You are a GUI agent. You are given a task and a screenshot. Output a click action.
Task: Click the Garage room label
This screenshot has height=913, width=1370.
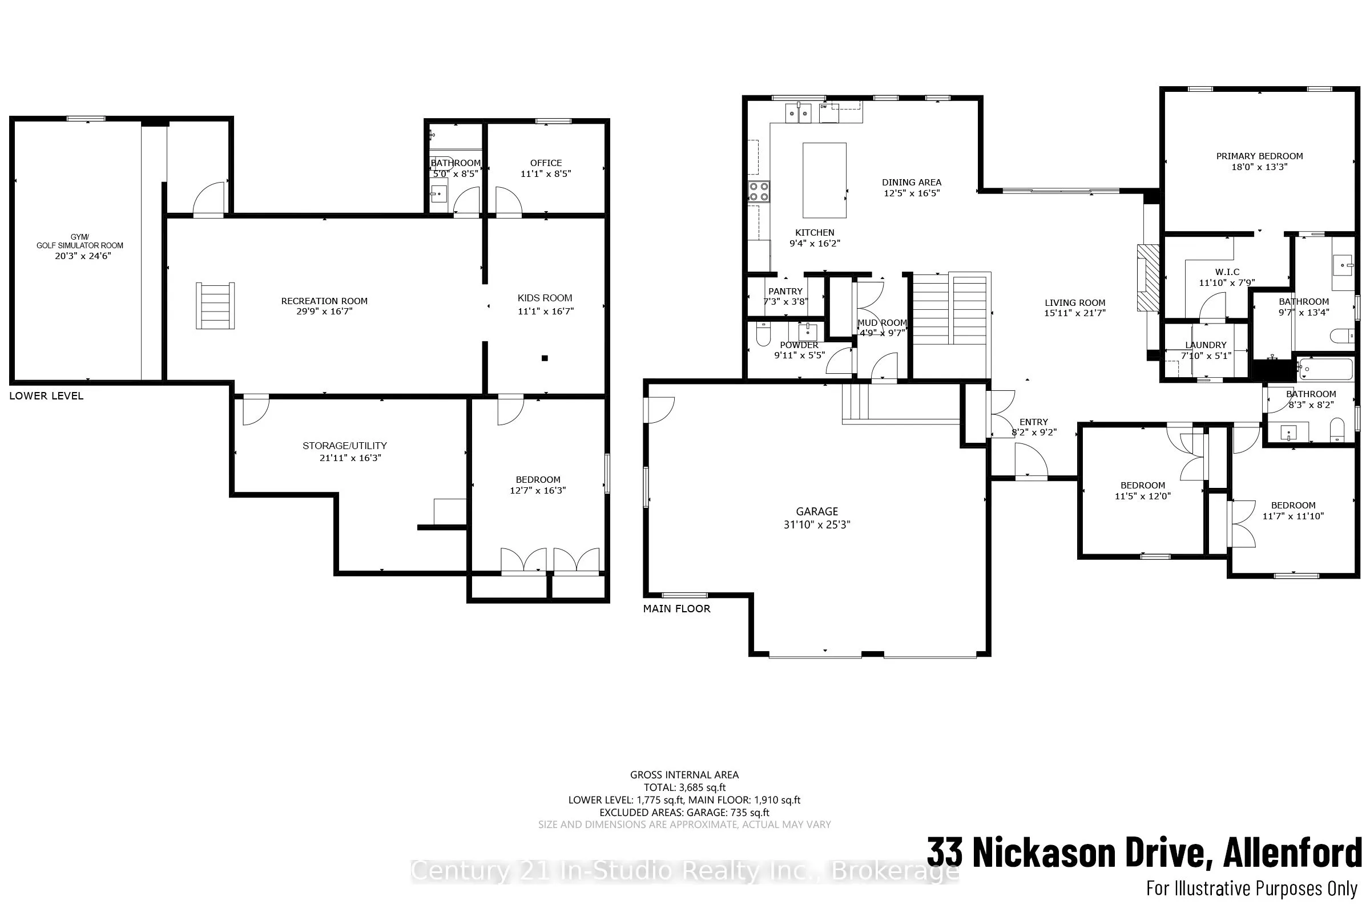point(817,511)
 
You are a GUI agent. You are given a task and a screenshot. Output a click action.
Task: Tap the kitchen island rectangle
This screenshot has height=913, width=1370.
point(824,180)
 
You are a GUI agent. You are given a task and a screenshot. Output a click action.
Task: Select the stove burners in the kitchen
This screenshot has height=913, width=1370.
point(759,192)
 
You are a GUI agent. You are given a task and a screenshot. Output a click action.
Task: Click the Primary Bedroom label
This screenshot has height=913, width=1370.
point(1259,156)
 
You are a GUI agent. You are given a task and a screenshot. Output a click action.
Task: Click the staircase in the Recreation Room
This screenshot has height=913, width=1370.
point(215,306)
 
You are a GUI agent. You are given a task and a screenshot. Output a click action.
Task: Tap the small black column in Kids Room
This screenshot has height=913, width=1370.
point(545,358)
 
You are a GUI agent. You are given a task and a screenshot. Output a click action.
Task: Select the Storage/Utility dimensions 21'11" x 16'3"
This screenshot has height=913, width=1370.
point(350,458)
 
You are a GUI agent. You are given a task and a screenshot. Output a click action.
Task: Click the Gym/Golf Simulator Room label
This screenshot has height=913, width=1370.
point(80,241)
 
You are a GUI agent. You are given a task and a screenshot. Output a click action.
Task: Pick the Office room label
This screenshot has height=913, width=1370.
point(546,163)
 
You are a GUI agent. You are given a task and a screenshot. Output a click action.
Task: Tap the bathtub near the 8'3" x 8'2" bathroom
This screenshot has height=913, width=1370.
point(1325,369)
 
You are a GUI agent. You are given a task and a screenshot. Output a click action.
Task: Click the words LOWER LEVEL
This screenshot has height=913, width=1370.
point(47,396)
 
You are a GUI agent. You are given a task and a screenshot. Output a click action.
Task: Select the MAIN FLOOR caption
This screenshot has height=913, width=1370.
point(676,608)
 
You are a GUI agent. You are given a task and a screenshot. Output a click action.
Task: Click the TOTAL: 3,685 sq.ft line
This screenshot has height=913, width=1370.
point(684,787)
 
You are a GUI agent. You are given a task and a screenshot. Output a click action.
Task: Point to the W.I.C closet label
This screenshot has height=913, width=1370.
point(1227,272)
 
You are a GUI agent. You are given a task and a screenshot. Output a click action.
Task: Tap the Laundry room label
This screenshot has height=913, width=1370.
point(1206,345)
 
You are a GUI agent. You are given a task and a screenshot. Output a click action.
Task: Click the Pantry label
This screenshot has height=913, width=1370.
point(785,291)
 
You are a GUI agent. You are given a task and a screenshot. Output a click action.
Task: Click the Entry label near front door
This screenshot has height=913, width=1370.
point(1033,422)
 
